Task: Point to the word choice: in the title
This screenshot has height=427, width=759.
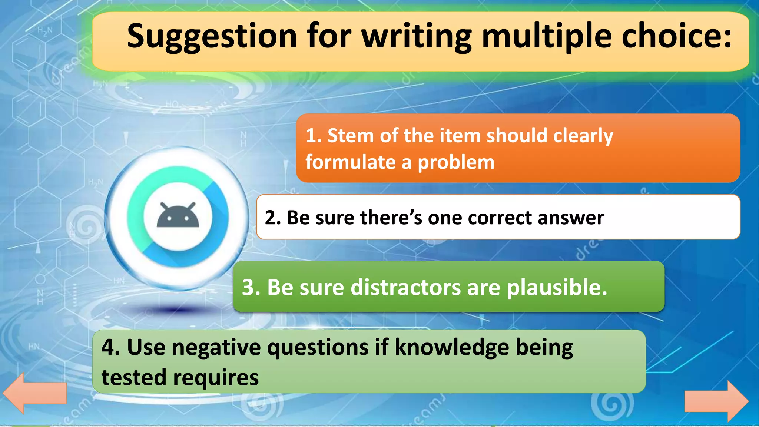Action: (677, 36)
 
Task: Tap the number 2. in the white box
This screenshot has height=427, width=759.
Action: (273, 218)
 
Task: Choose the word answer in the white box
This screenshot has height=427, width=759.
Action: (571, 218)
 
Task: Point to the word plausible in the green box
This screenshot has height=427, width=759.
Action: (557, 288)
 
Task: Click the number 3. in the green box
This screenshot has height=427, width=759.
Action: (251, 287)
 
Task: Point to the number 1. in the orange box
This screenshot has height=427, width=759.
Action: (314, 136)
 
